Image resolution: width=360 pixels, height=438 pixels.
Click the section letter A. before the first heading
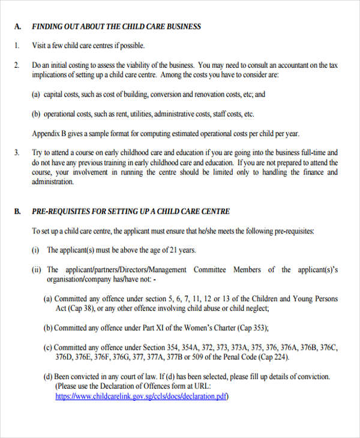(x=17, y=26)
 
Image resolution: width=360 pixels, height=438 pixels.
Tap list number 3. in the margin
(x=17, y=153)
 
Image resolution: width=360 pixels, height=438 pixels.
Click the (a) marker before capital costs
(x=36, y=94)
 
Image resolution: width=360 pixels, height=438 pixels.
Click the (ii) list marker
(x=36, y=270)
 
